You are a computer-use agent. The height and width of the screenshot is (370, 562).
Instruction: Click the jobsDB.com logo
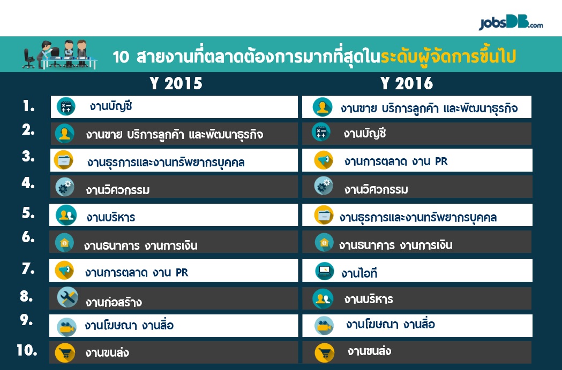pyautogui.click(x=511, y=23)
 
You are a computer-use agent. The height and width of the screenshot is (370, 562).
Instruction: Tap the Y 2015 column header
pyautogui.click(x=176, y=83)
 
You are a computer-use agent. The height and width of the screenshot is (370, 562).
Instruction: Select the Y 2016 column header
pyautogui.click(x=407, y=83)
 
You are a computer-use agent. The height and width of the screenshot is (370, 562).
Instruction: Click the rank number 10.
pyautogui.click(x=27, y=350)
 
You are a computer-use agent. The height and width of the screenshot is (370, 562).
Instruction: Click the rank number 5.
pyautogui.click(x=28, y=213)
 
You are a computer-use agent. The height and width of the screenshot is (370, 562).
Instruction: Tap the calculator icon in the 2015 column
pyautogui.click(x=66, y=106)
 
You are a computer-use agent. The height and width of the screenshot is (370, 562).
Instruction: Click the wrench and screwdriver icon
pyautogui.click(x=68, y=297)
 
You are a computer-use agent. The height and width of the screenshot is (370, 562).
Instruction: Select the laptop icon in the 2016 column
pyautogui.click(x=324, y=271)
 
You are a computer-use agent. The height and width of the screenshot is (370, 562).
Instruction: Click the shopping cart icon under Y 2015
pyautogui.click(x=65, y=353)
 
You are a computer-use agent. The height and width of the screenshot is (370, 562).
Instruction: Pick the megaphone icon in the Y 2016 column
pyautogui.click(x=324, y=160)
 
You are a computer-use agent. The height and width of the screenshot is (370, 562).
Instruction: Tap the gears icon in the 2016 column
pyautogui.click(x=323, y=186)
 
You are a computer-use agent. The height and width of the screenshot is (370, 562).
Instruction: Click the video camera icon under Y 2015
pyautogui.click(x=66, y=327)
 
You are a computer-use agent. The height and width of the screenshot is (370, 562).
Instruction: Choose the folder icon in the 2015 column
pyautogui.click(x=63, y=160)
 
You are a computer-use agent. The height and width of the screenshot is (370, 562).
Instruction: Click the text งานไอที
pyautogui.click(x=359, y=273)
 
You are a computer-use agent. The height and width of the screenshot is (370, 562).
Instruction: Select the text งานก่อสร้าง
pyautogui.click(x=114, y=302)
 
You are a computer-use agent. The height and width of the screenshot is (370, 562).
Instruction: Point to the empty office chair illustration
pyautogui.click(x=29, y=58)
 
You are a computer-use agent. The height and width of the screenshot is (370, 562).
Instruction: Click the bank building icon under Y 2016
pyautogui.click(x=324, y=242)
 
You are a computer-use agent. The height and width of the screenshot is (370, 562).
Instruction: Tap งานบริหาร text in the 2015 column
pyautogui.click(x=111, y=217)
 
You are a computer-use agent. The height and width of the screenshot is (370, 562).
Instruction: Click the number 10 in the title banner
pyautogui.click(x=121, y=57)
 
